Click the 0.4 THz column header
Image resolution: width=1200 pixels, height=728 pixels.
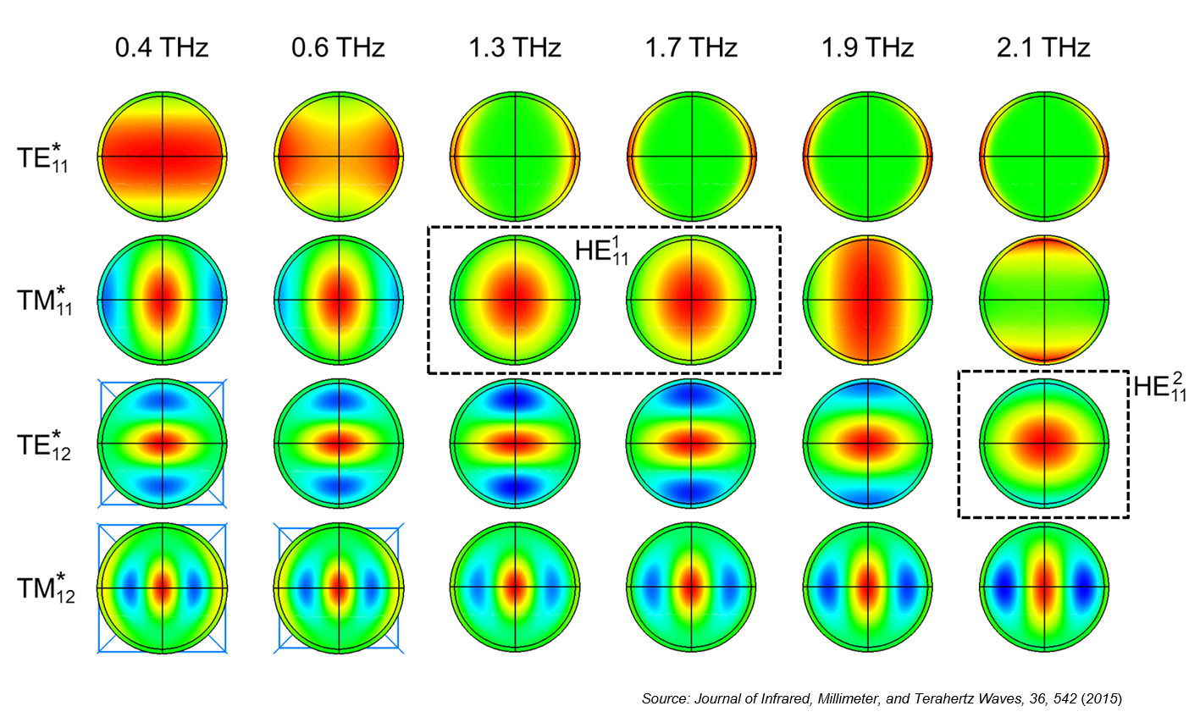pos(162,47)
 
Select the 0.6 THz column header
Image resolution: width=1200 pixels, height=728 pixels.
pos(338,47)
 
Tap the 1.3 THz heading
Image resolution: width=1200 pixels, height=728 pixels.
pos(515,47)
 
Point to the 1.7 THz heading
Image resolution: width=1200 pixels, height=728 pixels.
pos(691,47)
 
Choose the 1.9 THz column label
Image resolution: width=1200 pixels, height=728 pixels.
pos(867,47)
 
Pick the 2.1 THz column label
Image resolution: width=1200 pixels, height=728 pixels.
pos(1043,47)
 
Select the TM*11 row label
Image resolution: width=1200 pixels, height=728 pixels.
pos(45,301)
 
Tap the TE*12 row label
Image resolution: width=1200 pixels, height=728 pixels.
pos(43,444)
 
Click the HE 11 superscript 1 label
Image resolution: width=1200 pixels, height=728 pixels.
pos(602,251)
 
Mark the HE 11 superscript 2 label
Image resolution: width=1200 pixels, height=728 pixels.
pos(1160,387)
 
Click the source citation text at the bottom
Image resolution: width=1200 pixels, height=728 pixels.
pos(882,699)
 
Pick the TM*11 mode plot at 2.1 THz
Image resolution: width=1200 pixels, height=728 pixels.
pos(1044,301)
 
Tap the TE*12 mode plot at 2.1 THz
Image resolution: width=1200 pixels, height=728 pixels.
pos(1044,443)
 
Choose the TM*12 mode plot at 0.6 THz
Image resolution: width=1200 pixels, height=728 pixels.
pos(339,587)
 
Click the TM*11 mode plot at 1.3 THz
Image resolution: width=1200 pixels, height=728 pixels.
pos(515,301)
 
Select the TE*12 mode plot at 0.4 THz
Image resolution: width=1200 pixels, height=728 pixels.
pos(163,443)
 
